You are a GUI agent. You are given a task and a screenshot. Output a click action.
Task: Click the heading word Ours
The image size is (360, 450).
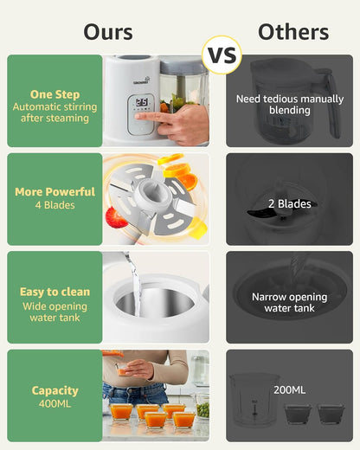point(108,32)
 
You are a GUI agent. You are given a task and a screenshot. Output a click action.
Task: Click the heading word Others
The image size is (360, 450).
point(293,32)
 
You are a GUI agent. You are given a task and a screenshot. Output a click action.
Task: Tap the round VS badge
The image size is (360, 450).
point(222,55)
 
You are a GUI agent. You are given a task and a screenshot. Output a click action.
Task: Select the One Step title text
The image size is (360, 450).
point(55,94)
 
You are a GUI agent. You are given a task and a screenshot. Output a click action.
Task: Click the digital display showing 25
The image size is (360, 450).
point(142,102)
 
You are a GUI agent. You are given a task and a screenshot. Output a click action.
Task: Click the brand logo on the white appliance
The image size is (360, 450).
point(141,80)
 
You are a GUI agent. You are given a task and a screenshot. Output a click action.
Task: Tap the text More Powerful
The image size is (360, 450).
point(55,192)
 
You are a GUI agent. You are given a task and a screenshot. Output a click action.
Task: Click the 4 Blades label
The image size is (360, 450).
point(55,205)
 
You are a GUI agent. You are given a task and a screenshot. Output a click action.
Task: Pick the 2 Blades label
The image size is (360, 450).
point(290,204)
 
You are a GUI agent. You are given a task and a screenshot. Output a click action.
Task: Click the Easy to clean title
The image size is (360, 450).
point(55,292)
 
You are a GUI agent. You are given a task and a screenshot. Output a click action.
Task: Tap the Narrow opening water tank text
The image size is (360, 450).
point(289,302)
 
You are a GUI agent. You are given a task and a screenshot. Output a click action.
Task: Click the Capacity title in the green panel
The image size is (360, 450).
point(55,390)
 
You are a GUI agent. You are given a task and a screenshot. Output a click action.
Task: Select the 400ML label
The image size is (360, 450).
point(55,403)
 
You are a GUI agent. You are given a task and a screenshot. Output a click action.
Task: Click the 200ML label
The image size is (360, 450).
point(289,390)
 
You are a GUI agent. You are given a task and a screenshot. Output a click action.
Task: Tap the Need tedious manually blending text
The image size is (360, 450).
point(290,105)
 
